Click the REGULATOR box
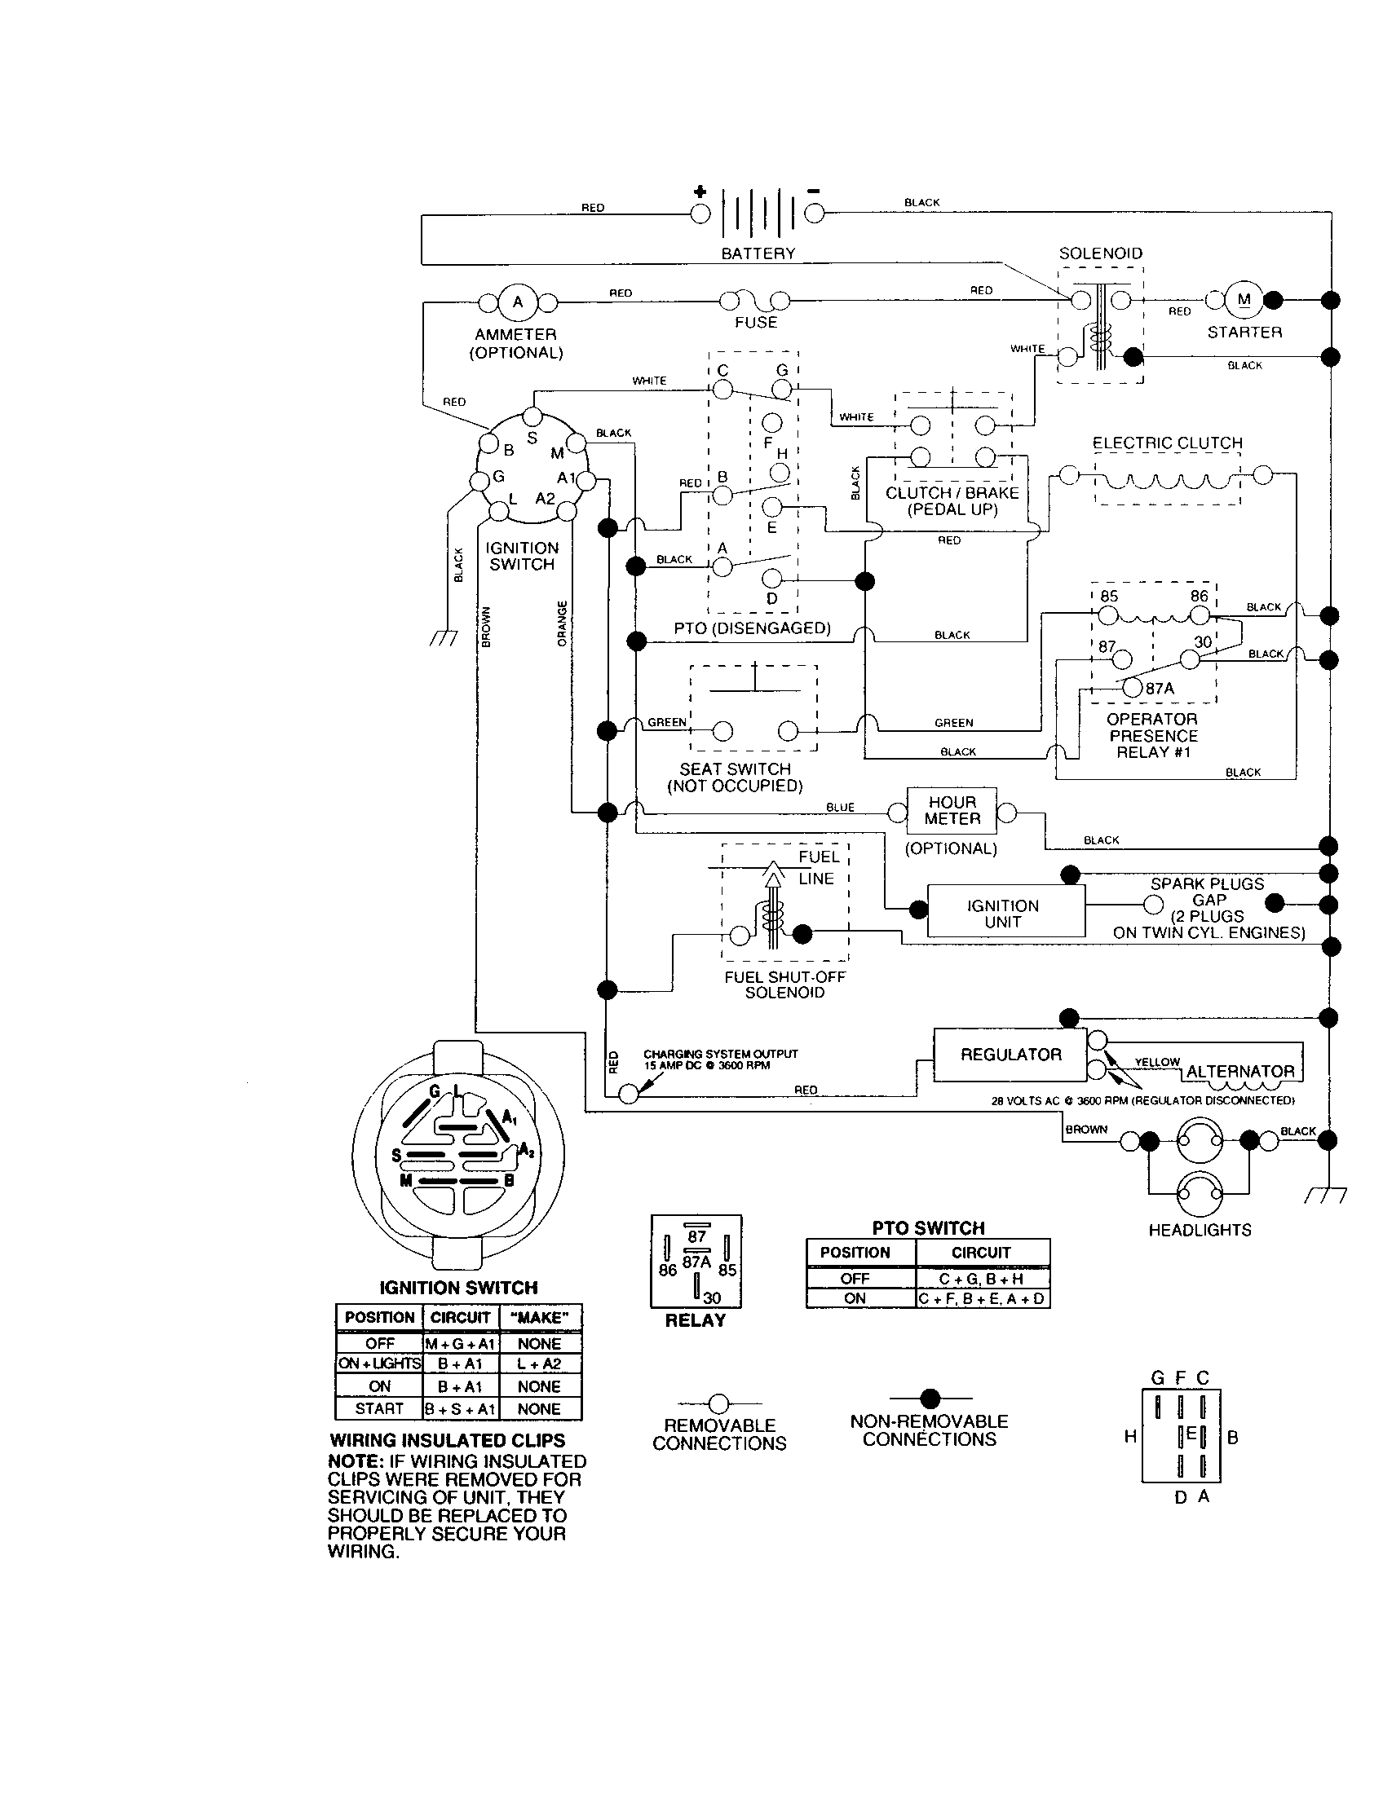(x=1010, y=1055)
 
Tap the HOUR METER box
(x=952, y=810)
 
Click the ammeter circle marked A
(x=517, y=302)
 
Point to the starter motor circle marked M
(x=1244, y=301)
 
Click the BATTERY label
(x=758, y=253)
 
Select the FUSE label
(x=756, y=323)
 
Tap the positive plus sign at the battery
(x=700, y=192)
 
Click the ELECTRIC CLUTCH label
(x=1167, y=443)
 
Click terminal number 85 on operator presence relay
(x=1109, y=597)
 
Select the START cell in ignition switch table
(x=378, y=1409)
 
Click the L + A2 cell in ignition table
(x=540, y=1363)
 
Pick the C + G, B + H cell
(x=982, y=1279)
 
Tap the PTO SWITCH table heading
(x=928, y=1228)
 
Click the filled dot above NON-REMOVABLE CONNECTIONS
(x=930, y=1398)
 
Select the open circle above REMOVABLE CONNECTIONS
(x=718, y=1404)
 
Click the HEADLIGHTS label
(x=1200, y=1230)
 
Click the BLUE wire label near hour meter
(x=840, y=808)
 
